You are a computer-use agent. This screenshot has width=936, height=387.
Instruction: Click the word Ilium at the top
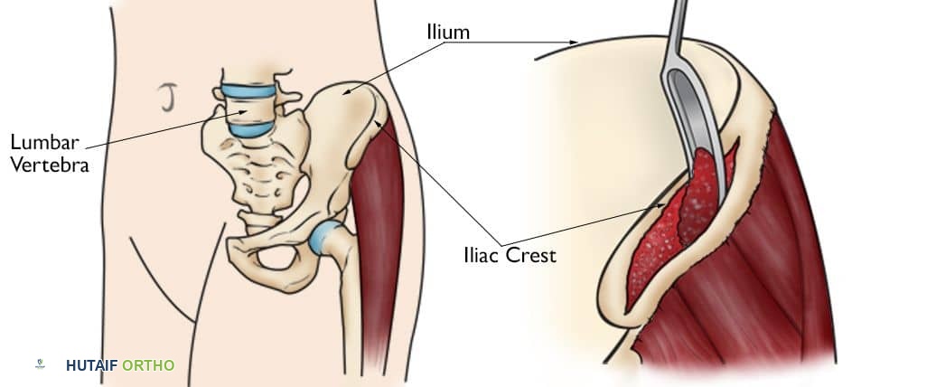[x=448, y=32]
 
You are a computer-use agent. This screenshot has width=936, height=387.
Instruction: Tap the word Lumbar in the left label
[x=45, y=143]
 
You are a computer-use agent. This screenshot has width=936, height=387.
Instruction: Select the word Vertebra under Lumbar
[x=50, y=165]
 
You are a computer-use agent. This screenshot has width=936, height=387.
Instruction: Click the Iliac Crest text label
[x=510, y=255]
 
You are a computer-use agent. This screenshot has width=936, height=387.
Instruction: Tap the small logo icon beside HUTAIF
[x=41, y=364]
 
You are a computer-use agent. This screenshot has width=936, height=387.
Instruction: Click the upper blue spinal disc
[x=248, y=90]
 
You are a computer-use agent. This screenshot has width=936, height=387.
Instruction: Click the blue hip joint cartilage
[x=326, y=238]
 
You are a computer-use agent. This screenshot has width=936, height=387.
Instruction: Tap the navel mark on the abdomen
[x=166, y=99]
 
